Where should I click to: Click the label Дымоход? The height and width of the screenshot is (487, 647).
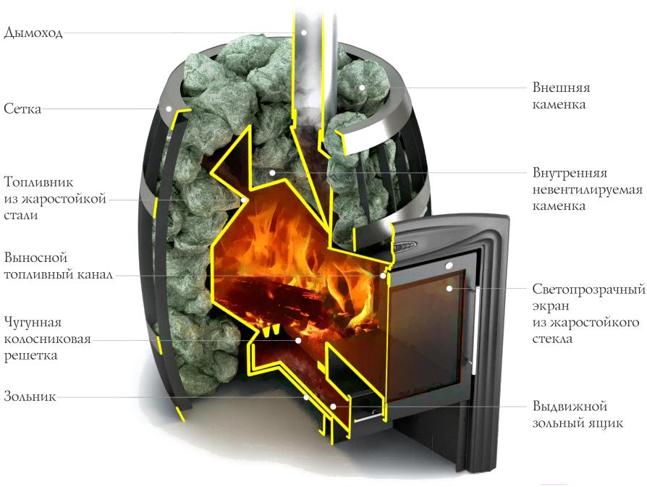pos(33,33)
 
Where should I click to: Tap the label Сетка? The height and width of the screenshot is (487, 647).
pos(22,109)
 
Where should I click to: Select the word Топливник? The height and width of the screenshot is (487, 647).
pos(39,182)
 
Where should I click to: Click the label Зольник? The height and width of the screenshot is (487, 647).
pos(30,397)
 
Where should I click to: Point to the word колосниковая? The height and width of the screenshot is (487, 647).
pos(47,339)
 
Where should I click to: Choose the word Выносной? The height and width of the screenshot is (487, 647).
pos(35,258)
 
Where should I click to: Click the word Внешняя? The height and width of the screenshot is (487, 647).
pos(561,88)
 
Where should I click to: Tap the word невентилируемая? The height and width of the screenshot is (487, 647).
pos(587,190)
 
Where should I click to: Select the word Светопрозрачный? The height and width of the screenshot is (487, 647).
pos(588,289)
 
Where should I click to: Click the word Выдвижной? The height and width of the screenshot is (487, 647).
pos(570,406)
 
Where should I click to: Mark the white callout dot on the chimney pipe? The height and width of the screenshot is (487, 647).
pos(303,32)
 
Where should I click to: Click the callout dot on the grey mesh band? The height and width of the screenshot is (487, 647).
pos(169,109)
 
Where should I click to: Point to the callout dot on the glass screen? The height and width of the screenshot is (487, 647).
pos(449,289)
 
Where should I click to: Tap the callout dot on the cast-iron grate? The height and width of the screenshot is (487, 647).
pos(298,341)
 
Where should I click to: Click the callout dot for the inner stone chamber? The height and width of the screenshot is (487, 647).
pos(272,172)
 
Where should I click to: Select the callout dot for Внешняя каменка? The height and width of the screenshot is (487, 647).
pos(362,88)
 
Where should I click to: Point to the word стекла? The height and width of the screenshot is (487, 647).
pos(552,339)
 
